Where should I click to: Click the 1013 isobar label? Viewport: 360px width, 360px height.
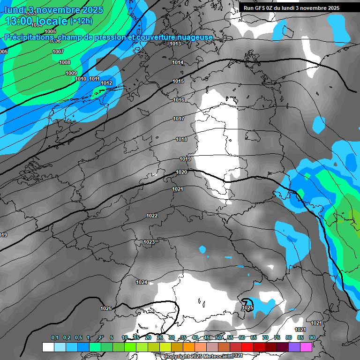click(x=175, y=44)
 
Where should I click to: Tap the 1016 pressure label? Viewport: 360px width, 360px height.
click(x=179, y=100)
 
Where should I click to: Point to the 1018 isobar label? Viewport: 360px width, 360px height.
click(x=181, y=139)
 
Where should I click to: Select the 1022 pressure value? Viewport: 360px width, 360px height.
click(x=152, y=216)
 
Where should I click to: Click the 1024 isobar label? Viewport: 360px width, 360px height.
click(x=142, y=282)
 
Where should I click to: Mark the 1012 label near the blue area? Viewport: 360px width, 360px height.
click(x=106, y=83)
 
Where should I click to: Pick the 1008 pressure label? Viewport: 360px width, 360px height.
click(x=65, y=62)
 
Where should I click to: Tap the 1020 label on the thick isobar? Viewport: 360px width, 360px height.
click(x=182, y=172)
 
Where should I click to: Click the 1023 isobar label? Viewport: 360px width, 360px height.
click(x=149, y=242)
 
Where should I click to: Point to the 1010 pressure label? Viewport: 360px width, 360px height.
click(x=81, y=79)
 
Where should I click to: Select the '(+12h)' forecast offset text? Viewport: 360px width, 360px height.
click(x=81, y=21)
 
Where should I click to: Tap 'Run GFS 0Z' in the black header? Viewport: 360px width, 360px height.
click(x=259, y=8)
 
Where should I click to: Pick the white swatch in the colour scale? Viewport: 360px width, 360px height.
click(x=48, y=347)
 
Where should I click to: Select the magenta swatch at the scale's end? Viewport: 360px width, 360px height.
click(x=306, y=347)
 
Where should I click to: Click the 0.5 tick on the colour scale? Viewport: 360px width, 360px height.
click(x=78, y=338)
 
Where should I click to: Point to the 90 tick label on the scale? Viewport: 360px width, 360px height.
click(x=312, y=338)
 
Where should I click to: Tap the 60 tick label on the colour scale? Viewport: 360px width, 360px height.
click(x=242, y=338)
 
